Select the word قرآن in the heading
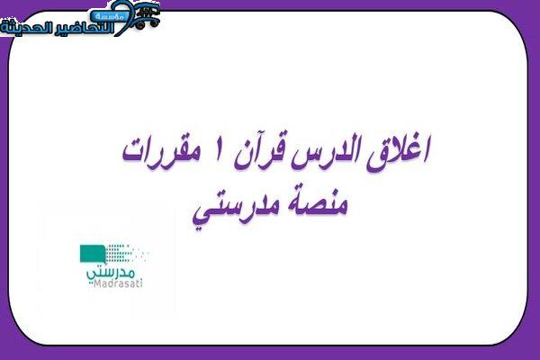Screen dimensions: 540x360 (x=259, y=153)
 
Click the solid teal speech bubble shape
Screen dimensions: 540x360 (x=93, y=254)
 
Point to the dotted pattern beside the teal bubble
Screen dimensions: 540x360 (x=127, y=253)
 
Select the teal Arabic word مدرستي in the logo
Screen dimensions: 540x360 (x=110, y=274)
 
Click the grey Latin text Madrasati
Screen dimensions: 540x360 (x=118, y=283)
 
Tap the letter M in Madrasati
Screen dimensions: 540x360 (x=97, y=284)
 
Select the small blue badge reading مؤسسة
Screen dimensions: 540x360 (x=106, y=16)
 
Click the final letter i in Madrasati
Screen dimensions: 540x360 (x=140, y=283)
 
